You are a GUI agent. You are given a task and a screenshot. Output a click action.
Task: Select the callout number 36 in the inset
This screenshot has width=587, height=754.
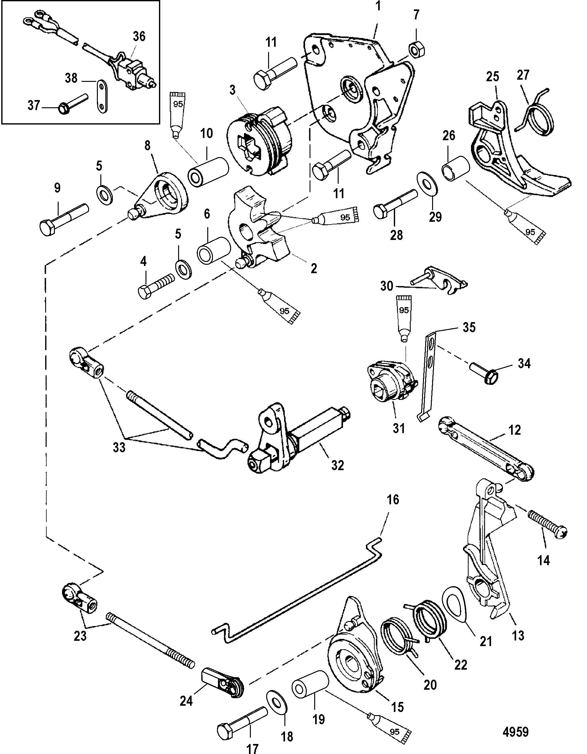[139, 36]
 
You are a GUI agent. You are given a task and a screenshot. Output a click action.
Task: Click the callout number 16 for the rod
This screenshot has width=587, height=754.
[393, 500]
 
